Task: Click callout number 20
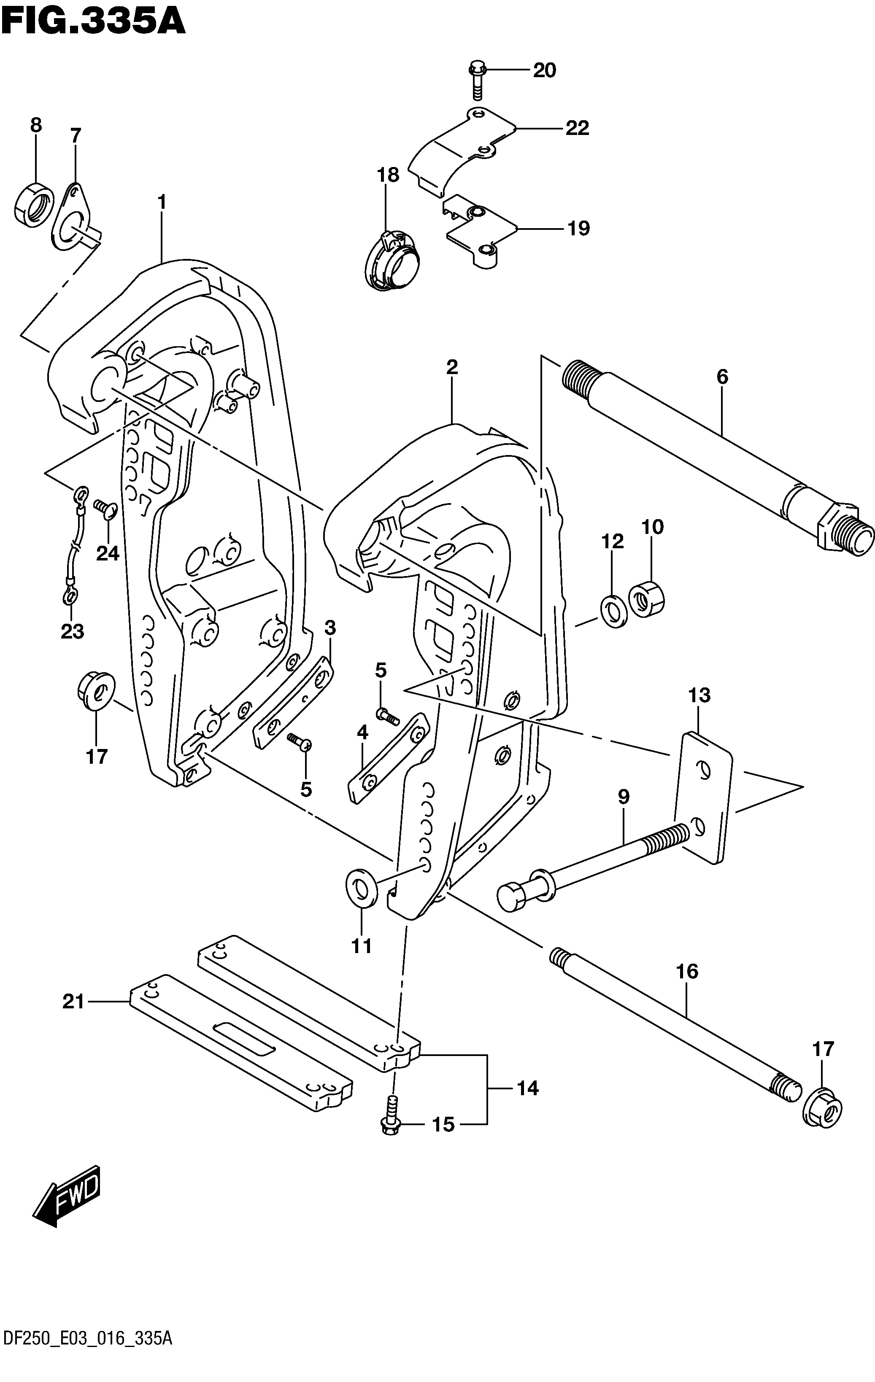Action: [544, 70]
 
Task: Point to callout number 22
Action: [577, 128]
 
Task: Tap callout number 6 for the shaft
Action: [722, 377]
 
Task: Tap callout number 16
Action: [687, 972]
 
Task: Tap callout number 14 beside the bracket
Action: [528, 1088]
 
